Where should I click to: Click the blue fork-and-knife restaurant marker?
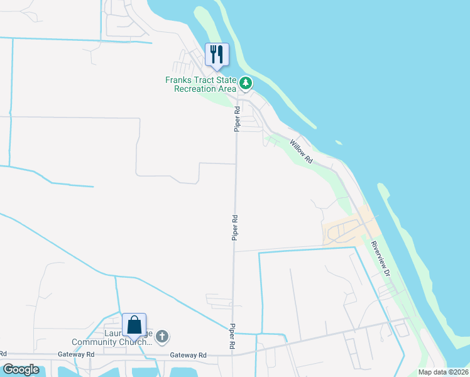coord(217,55)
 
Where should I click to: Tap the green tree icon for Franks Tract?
coord(246,82)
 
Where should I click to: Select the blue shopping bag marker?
coord(134,325)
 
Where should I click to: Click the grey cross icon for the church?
coord(161,337)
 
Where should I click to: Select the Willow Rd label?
coord(302,151)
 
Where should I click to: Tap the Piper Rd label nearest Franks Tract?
coord(238,118)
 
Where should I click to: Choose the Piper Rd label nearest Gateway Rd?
coord(232,337)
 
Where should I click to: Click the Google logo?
coord(21,369)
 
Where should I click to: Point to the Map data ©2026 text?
coord(442,372)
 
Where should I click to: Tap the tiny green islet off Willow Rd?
coord(339,143)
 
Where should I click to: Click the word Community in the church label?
coord(97,342)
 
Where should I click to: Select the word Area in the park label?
coord(227,89)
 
